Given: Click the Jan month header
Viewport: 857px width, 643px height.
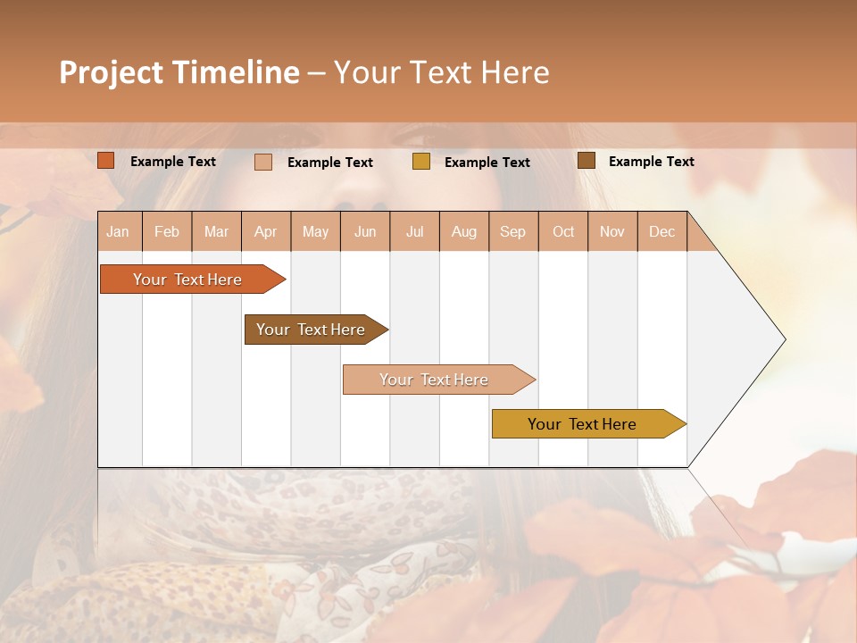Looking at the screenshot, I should [119, 231].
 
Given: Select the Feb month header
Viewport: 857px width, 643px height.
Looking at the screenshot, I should [167, 231].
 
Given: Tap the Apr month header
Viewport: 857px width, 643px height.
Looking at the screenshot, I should [266, 231].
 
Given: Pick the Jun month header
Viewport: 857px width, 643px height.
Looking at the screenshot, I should [365, 231].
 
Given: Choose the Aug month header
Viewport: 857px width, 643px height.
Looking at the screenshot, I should [464, 231].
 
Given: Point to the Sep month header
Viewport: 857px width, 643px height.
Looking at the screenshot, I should [513, 231].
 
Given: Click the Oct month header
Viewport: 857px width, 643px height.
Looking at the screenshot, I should [563, 231].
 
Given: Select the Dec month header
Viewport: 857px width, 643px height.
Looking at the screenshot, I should [662, 231].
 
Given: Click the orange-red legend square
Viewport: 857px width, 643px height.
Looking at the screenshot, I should [106, 161].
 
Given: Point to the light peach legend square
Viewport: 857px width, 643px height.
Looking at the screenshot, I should [263, 162].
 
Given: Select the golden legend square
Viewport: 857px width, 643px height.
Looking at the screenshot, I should [421, 162].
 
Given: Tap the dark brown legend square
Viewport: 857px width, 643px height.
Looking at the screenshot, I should [587, 161].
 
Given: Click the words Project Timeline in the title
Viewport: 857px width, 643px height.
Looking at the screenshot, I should [179, 72].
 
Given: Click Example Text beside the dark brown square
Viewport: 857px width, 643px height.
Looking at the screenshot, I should [651, 162].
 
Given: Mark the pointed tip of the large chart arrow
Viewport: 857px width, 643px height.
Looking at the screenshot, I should [783, 339].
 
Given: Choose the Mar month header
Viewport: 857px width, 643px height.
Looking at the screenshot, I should [217, 231].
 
